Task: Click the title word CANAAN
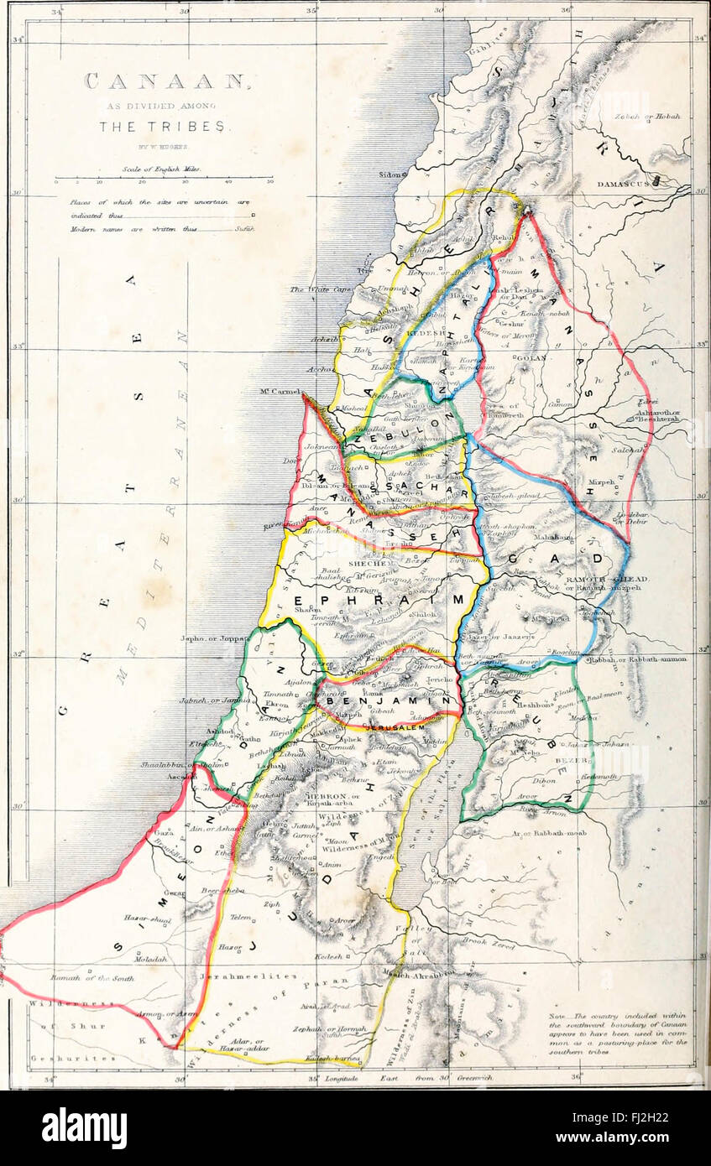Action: (166, 82)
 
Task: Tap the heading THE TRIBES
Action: (162, 127)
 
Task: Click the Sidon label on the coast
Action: (389, 175)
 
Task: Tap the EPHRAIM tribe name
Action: (378, 600)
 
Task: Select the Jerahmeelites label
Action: (248, 976)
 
